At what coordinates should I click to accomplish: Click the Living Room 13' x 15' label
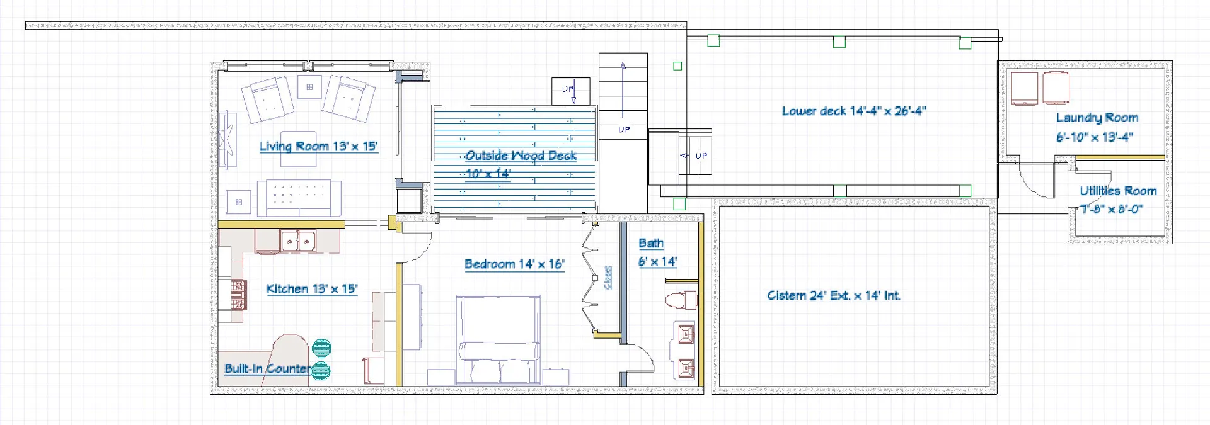(318, 147)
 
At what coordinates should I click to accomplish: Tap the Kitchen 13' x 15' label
(312, 289)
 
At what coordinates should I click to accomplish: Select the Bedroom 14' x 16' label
(514, 264)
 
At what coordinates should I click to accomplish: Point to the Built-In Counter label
(267, 369)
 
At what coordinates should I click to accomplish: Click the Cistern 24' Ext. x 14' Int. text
(834, 295)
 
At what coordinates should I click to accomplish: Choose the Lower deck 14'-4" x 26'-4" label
(854, 111)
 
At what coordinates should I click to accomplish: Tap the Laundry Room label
(1097, 118)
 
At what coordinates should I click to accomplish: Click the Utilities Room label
(1118, 191)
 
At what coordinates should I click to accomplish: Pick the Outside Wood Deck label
(521, 156)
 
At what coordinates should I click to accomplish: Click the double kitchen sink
(299, 241)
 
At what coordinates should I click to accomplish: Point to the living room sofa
(299, 197)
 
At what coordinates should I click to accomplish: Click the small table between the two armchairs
(309, 88)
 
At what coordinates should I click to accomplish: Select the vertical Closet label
(608, 277)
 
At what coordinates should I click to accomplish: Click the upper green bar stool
(321, 348)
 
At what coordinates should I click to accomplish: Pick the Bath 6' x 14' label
(657, 252)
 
